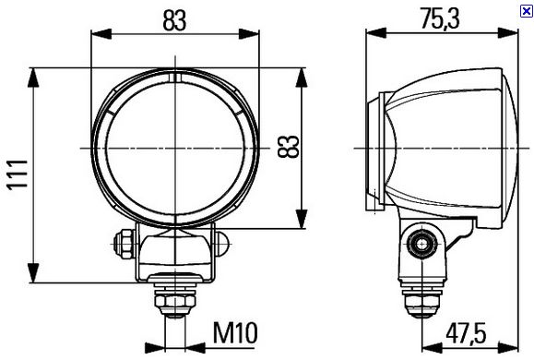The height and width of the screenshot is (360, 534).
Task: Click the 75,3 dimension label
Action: (x=440, y=18)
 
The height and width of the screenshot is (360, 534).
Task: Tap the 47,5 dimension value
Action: (x=466, y=333)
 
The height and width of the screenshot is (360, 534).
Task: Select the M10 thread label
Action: (x=235, y=332)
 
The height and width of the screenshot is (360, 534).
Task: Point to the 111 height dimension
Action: (x=18, y=174)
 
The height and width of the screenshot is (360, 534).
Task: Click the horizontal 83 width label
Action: (x=174, y=20)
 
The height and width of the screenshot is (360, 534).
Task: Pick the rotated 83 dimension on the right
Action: (x=289, y=147)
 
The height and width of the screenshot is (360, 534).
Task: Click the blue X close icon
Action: (x=527, y=11)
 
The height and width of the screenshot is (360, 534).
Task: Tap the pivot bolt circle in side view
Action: (x=422, y=244)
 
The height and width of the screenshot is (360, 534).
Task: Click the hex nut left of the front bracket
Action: (x=125, y=244)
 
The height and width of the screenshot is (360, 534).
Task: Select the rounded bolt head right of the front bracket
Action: (x=223, y=244)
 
